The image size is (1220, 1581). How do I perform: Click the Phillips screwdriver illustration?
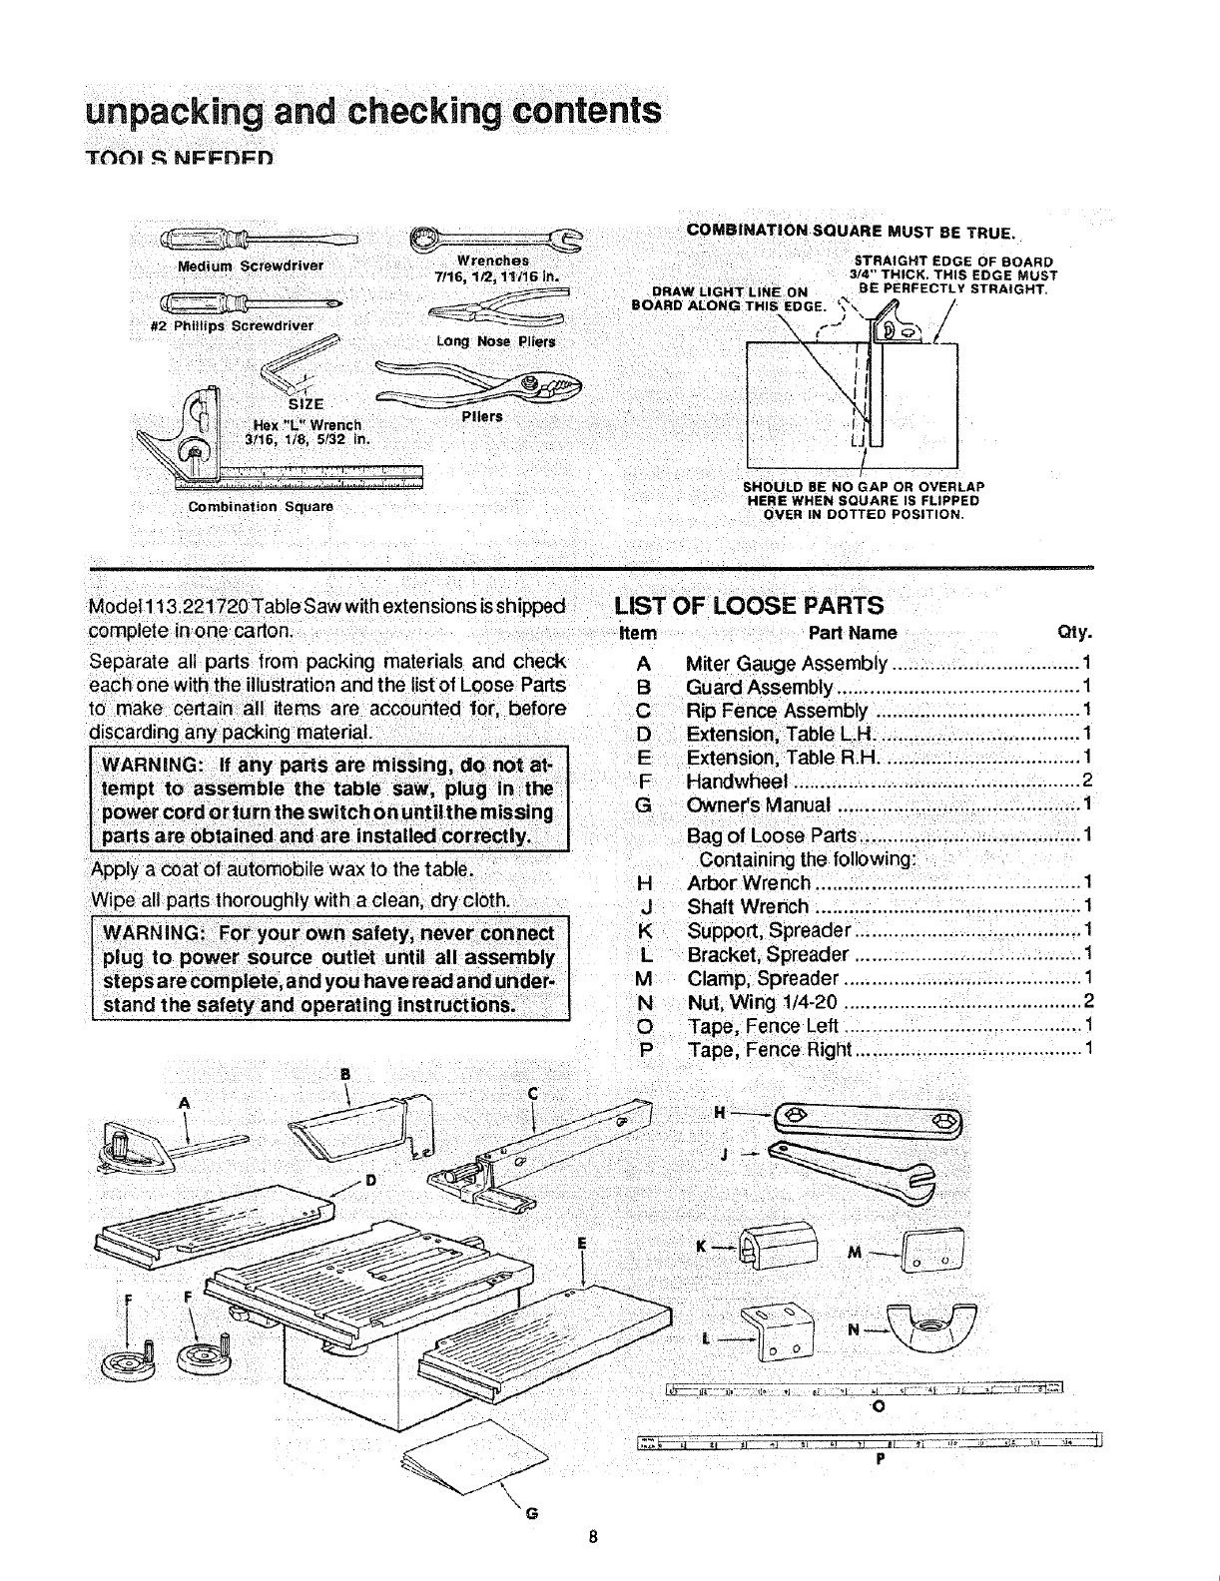[250, 299]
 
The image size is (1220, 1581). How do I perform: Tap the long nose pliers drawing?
[499, 310]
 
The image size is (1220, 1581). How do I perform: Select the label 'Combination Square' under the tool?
[261, 507]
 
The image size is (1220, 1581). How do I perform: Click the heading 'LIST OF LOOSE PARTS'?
[749, 606]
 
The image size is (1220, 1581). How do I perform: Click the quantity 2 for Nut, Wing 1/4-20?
[1088, 1002]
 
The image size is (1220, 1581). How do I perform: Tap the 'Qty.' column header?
[1074, 633]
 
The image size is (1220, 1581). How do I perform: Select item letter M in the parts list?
[644, 978]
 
